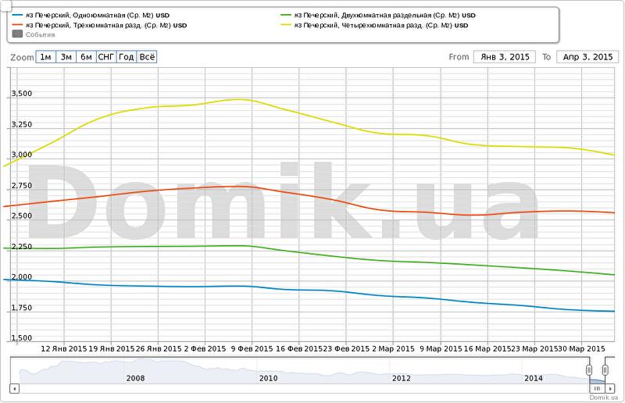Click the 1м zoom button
click(46, 57)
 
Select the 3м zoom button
click(66, 57)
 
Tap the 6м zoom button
click(86, 57)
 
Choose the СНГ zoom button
click(106, 57)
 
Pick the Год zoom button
click(127, 57)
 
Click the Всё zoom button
click(147, 57)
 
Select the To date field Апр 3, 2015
click(587, 57)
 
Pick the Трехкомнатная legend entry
click(101, 25)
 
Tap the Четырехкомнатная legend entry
click(374, 25)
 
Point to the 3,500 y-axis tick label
click(20, 94)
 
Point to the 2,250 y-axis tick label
click(20, 247)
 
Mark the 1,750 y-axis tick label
click(20, 308)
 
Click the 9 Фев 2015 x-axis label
click(252, 348)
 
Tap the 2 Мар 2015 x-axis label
click(393, 348)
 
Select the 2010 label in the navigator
click(268, 378)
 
